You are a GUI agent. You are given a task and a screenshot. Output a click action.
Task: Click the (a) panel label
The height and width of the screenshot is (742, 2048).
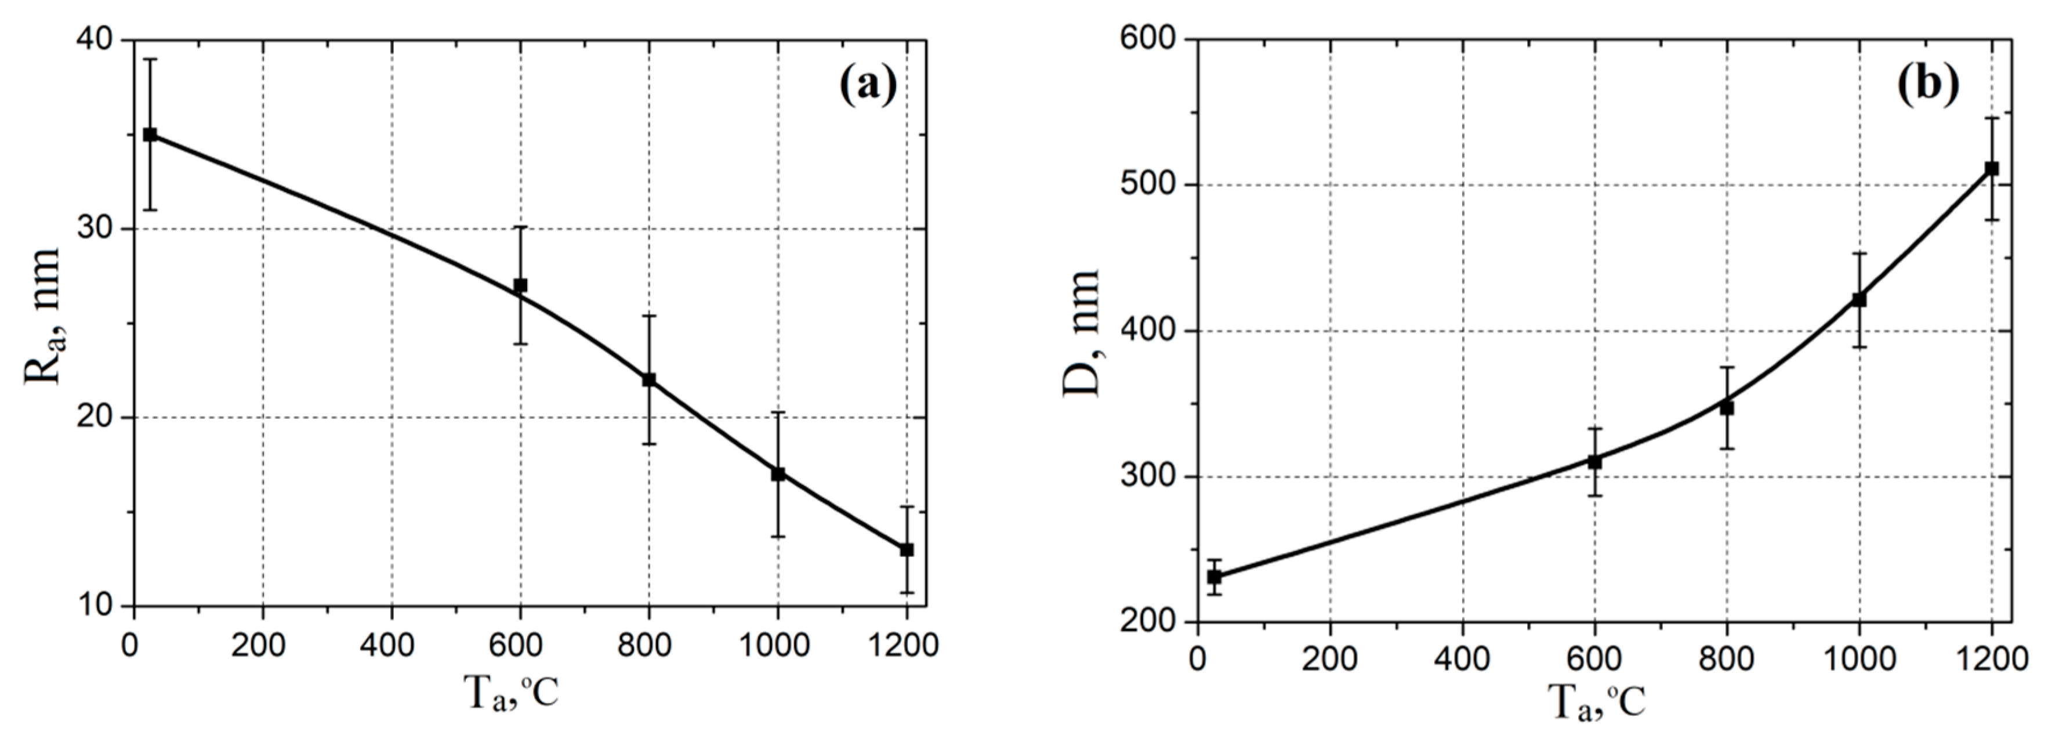867,85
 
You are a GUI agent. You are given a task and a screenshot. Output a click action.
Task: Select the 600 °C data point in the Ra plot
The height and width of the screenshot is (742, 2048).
520,285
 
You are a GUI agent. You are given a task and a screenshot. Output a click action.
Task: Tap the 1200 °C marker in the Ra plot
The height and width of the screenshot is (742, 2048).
907,549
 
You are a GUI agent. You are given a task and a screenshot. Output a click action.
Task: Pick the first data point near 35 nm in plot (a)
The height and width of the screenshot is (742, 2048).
150,135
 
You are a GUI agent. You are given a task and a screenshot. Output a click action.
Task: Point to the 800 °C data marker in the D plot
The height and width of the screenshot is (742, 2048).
1727,408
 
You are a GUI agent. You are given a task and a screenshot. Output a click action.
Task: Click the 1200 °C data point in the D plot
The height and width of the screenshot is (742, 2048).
1992,169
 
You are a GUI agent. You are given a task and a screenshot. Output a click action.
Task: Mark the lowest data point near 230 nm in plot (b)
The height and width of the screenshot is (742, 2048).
1214,577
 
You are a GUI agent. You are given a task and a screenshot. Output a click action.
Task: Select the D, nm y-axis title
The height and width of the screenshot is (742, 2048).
1081,332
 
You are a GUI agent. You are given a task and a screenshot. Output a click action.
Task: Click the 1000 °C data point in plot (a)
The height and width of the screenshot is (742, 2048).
778,474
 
